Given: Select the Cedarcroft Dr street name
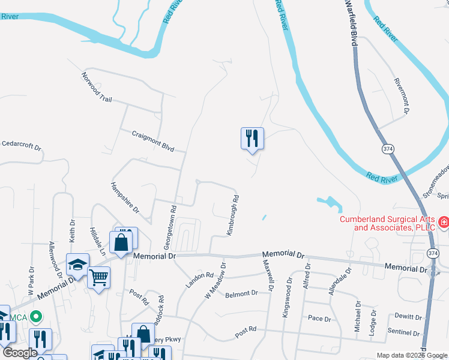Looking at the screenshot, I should click(21, 146).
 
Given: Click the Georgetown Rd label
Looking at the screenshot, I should click(169, 228).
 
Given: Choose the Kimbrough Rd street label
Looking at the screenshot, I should click(232, 214).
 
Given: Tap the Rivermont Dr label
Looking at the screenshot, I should click(401, 96).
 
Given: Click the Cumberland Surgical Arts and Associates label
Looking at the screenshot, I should click(388, 223).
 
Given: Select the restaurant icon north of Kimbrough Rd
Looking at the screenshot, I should click(252, 139).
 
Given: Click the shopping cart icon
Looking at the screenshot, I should click(98, 277).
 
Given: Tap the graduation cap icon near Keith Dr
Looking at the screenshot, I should click(77, 265).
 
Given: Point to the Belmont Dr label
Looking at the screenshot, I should click(241, 294).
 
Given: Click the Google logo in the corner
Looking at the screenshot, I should click(20, 353).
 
